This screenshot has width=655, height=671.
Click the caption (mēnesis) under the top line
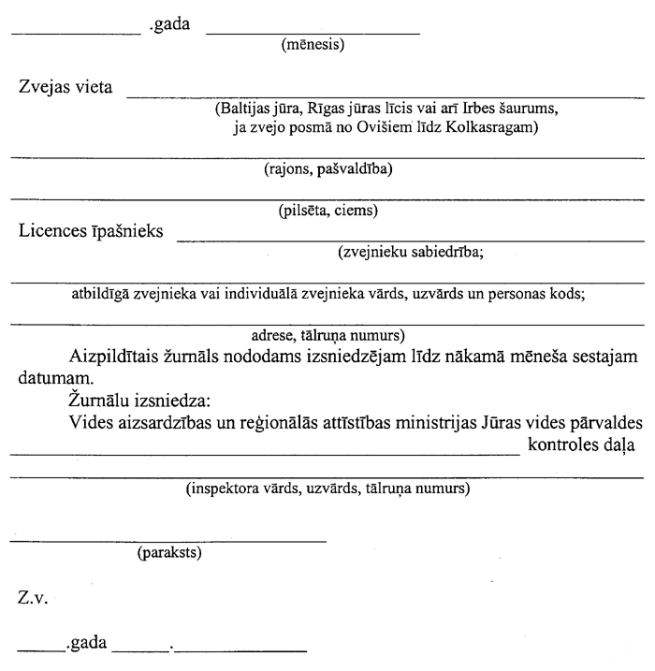313,43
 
